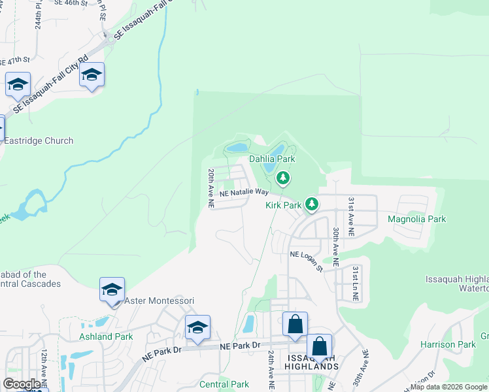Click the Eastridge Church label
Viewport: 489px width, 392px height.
[x=38, y=140]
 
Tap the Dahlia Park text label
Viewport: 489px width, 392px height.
[x=272, y=159]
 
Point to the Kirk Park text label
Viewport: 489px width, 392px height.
[x=283, y=205]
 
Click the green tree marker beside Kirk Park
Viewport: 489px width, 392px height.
[x=312, y=204]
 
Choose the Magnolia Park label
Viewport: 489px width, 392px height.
[x=417, y=219]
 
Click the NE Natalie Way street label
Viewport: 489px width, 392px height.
[x=244, y=193]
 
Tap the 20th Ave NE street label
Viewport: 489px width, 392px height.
[x=211, y=188]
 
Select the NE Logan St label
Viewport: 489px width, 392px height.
[x=307, y=259]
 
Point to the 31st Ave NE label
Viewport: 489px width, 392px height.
[x=351, y=216]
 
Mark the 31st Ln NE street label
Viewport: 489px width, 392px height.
[x=355, y=283]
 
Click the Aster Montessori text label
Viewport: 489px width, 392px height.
[x=160, y=301]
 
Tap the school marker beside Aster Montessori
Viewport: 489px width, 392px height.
[x=112, y=289]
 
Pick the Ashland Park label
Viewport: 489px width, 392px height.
[x=106, y=336]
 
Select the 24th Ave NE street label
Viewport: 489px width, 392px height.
[x=270, y=365]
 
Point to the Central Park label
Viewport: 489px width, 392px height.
[x=224, y=384]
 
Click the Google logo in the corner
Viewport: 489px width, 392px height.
[x=22, y=384]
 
